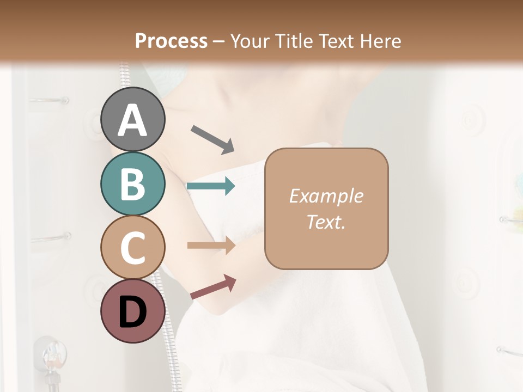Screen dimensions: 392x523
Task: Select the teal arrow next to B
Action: click(x=211, y=187)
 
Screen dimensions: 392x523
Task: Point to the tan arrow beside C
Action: click(x=211, y=246)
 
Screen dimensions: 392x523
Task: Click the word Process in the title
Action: click(x=171, y=41)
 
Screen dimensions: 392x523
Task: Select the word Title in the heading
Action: click(x=293, y=41)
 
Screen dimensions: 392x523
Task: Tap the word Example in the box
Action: click(x=326, y=196)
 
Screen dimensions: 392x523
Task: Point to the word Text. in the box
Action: click(x=326, y=222)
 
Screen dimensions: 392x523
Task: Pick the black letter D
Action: click(x=133, y=313)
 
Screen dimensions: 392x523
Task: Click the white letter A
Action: click(x=133, y=120)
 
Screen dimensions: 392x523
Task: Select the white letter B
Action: click(x=133, y=184)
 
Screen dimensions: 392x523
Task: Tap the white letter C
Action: click(x=133, y=248)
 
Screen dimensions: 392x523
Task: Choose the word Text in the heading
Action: click(x=337, y=41)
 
